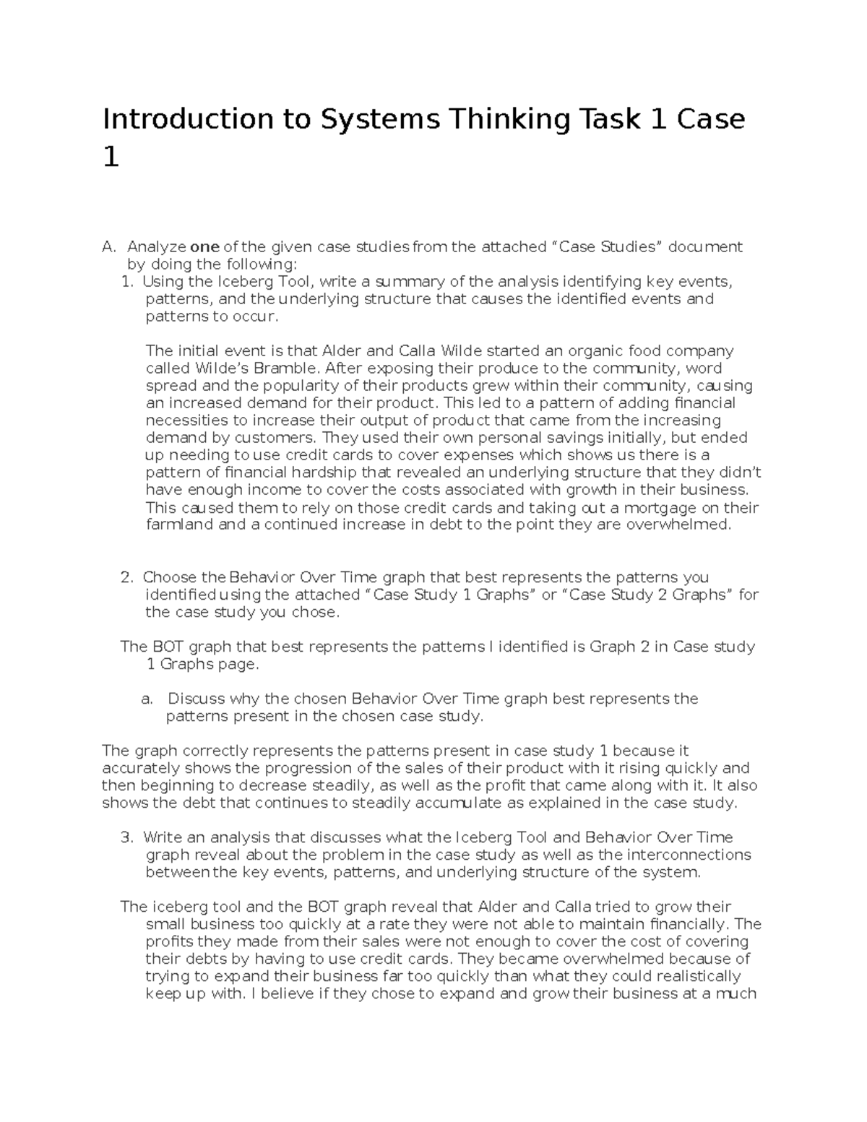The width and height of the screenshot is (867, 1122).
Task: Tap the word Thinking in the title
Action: click(x=506, y=119)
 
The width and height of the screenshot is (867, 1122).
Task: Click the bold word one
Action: click(x=204, y=247)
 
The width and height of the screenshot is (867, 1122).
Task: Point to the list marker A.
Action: click(x=108, y=247)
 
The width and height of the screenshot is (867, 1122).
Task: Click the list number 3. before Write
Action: click(x=127, y=837)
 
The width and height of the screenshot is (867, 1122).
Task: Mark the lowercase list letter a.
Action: click(x=147, y=699)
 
